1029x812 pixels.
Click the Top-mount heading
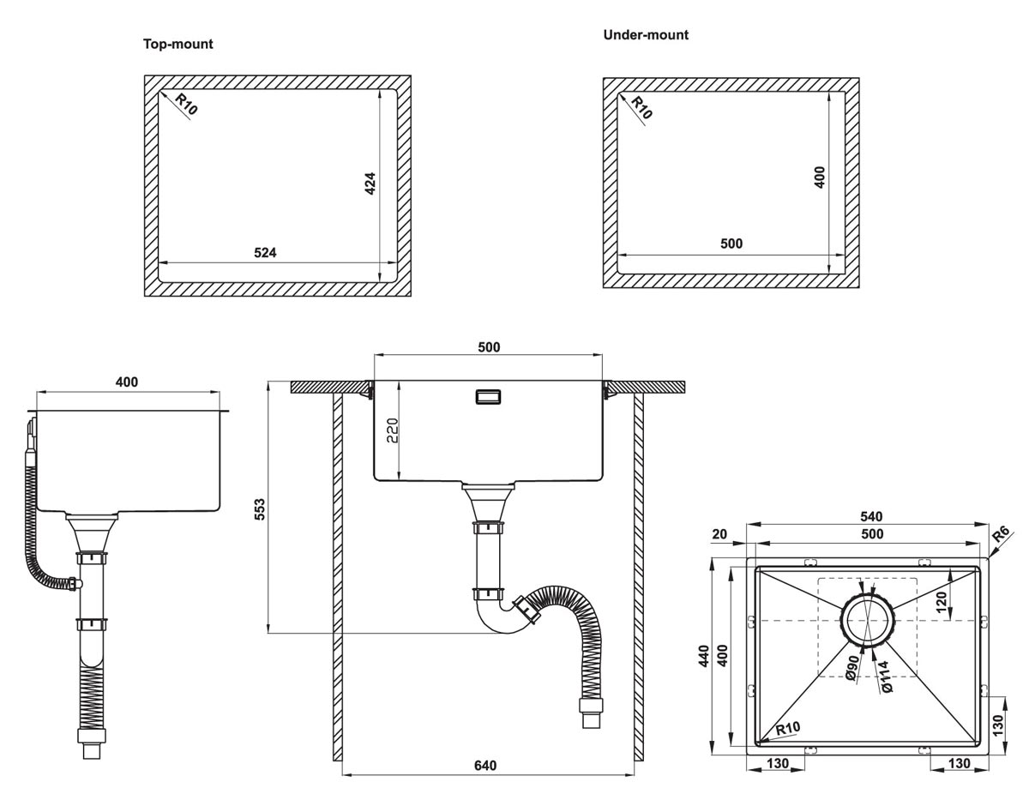[x=178, y=44]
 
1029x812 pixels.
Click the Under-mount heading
[x=646, y=35]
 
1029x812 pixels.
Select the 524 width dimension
[x=265, y=252]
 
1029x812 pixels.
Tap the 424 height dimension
[x=370, y=184]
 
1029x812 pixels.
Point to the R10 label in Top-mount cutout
[x=186, y=105]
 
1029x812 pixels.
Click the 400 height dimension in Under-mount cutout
[x=820, y=177]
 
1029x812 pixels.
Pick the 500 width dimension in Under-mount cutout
[x=731, y=244]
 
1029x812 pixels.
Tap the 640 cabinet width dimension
[x=485, y=765]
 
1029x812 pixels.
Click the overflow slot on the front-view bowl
[x=487, y=396]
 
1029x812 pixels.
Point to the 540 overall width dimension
[x=871, y=516]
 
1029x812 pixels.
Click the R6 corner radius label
[x=1000, y=537]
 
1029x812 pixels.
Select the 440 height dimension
[x=703, y=656]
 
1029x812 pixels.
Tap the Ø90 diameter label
[x=851, y=666]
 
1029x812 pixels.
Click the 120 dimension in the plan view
[x=942, y=602]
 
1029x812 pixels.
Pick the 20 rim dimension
[x=719, y=534]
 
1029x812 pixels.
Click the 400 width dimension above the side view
[x=126, y=382]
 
